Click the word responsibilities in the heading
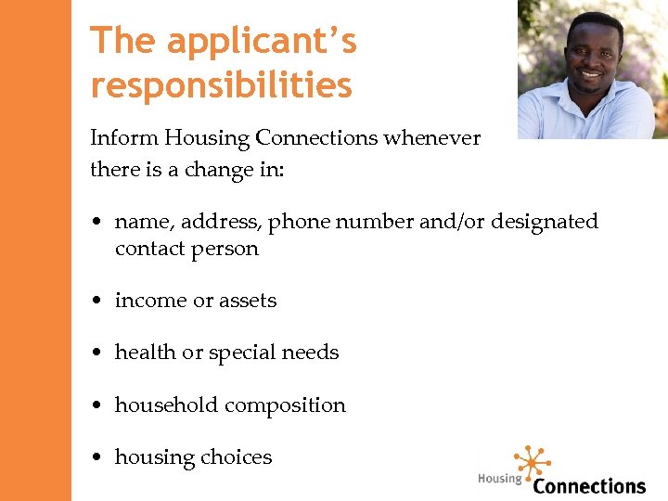coord(221,85)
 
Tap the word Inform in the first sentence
coord(124,139)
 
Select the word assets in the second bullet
coord(247,301)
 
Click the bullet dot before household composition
coord(96,405)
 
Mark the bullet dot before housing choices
coord(96,457)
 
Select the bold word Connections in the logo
coord(589,485)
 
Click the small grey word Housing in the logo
coord(499,479)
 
